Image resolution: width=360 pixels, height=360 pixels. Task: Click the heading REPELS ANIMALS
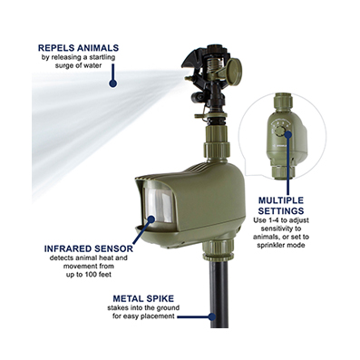[x=78, y=48]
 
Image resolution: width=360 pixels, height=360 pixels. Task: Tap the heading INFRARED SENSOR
[x=89, y=248]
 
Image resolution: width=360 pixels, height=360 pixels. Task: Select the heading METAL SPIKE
[x=143, y=298]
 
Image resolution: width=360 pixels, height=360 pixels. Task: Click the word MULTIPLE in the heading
[x=281, y=200]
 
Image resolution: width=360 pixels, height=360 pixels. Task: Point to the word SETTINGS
[x=281, y=210]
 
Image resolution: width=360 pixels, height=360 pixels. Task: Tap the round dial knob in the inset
[x=281, y=131]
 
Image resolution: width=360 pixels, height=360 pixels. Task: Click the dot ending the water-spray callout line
[x=113, y=83]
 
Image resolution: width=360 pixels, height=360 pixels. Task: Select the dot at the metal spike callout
[x=212, y=316]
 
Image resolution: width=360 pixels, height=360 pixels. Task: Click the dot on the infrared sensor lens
[x=151, y=219]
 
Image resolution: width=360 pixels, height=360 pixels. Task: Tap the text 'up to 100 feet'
[x=89, y=275]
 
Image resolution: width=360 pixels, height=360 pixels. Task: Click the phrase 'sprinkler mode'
[x=281, y=245]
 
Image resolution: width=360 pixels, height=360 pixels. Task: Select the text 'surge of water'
[x=78, y=65]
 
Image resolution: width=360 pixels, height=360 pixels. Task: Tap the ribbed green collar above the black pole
[x=218, y=250]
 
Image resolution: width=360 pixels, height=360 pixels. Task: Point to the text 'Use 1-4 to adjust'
[x=281, y=220]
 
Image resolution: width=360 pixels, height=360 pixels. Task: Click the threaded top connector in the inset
[x=285, y=102]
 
